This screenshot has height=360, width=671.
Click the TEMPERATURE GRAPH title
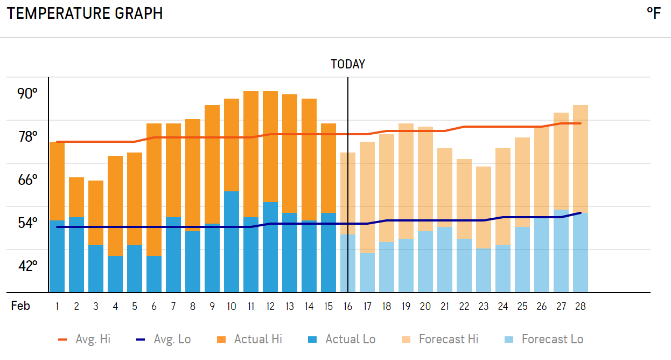85,13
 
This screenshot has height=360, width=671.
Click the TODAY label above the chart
347,65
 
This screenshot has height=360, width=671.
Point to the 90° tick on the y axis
27,94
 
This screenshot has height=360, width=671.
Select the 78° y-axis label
27,137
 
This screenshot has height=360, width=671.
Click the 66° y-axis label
27,180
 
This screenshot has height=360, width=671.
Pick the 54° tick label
27,223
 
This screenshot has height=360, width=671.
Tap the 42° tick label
27,266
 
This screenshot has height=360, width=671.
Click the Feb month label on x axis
20,306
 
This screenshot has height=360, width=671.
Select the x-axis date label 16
348,307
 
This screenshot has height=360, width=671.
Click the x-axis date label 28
580,307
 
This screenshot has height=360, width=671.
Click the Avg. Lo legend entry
163,340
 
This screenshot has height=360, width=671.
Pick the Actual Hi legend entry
249,340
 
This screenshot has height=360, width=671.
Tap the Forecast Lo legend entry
544,340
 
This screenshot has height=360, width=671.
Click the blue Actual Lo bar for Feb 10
232,243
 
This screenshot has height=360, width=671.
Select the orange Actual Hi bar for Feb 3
96,213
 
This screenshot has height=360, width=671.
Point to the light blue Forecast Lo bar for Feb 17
367,273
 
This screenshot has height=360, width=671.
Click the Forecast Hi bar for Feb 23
484,207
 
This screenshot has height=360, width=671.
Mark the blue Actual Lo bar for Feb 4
115,274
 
